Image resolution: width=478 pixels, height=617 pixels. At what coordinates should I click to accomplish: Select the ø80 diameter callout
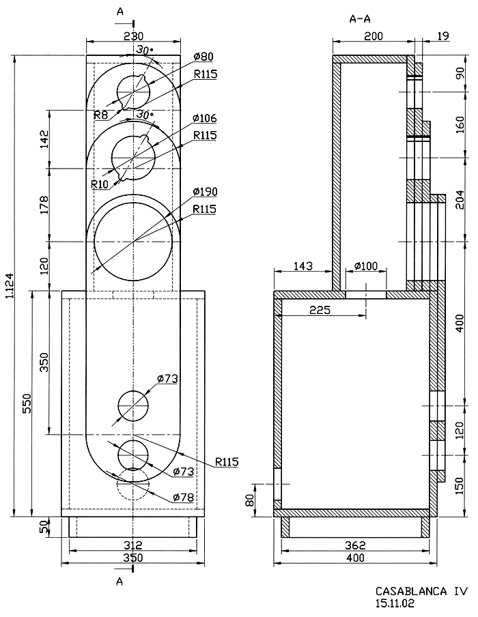click(203, 56)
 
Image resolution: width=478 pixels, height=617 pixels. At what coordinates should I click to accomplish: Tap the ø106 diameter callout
click(204, 117)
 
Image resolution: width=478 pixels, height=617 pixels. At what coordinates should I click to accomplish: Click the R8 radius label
click(101, 113)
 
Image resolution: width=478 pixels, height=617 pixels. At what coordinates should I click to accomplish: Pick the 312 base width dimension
click(132, 545)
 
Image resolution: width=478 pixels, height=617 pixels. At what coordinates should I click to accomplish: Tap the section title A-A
click(361, 20)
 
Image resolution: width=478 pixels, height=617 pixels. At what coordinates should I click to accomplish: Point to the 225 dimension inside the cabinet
click(320, 311)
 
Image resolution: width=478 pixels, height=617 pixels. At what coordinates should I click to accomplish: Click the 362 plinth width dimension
click(355, 545)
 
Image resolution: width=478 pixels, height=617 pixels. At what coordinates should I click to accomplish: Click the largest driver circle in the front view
click(132, 233)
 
